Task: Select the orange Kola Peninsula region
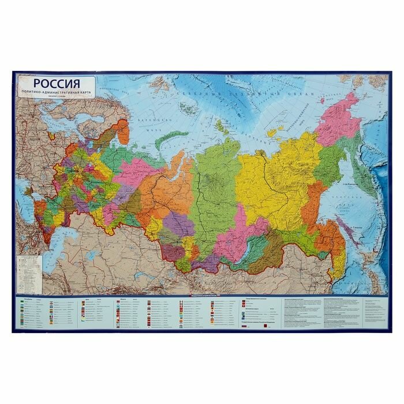[121, 132]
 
